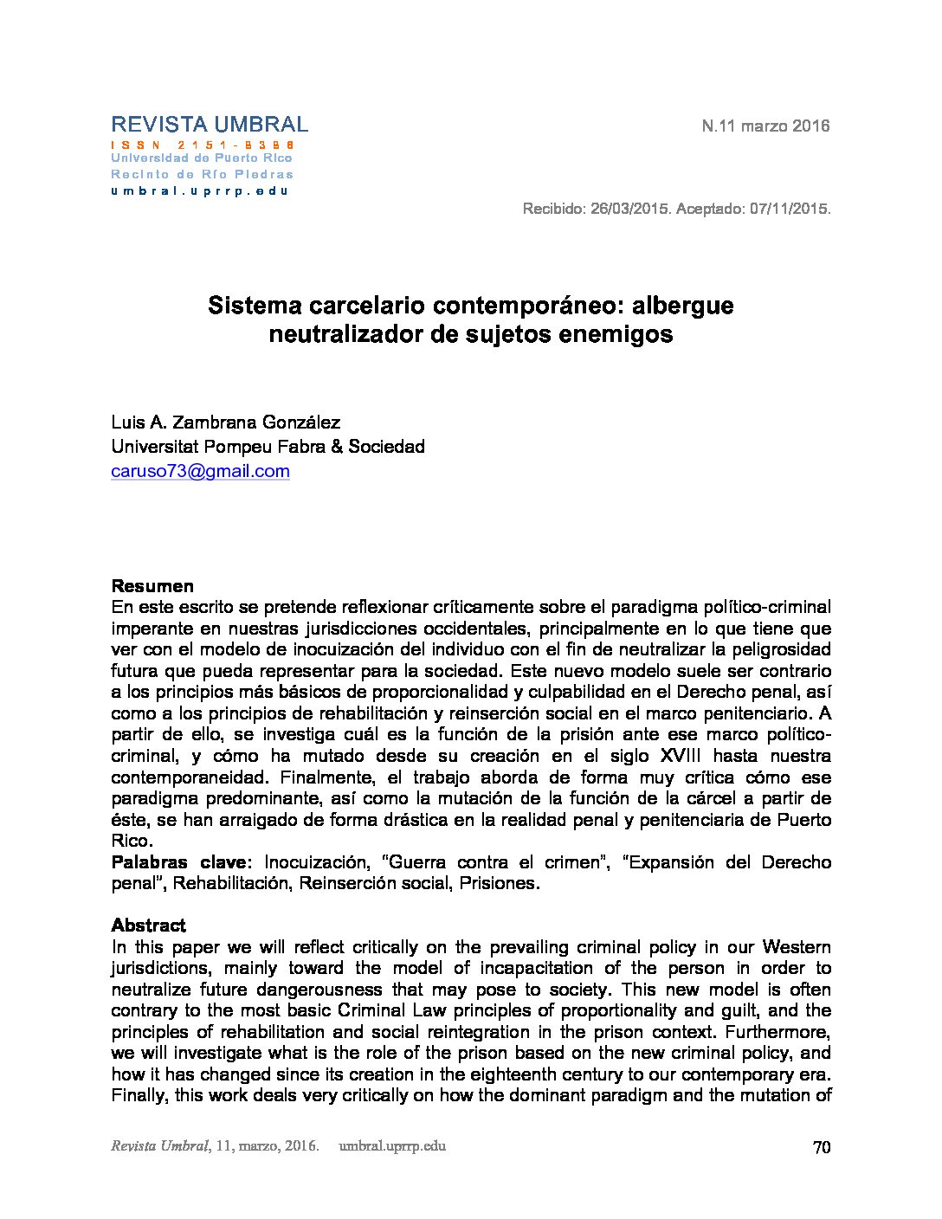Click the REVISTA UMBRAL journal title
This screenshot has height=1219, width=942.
click(x=210, y=125)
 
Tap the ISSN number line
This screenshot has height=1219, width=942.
click(x=203, y=145)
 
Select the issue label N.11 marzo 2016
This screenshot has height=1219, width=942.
click(x=765, y=126)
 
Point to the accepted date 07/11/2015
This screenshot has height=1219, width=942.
click(x=786, y=210)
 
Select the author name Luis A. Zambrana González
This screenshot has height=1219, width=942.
click(x=225, y=422)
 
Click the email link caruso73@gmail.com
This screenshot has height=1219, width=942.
click(x=200, y=471)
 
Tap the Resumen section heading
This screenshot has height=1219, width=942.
click(x=152, y=586)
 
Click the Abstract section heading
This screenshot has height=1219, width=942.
click(x=148, y=926)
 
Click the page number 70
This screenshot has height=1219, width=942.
click(x=822, y=1147)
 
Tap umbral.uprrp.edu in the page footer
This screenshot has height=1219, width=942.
click(x=393, y=1146)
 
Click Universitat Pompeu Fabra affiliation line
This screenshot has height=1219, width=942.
click(x=268, y=447)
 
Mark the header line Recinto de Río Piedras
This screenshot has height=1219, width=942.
click(x=202, y=174)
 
